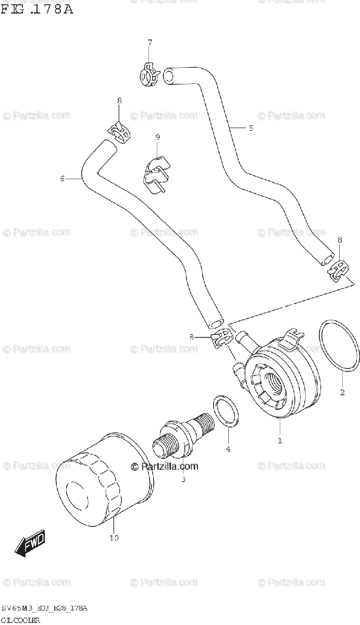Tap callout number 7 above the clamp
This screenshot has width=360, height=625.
pos(149,42)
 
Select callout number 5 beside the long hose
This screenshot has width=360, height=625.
pos(251,128)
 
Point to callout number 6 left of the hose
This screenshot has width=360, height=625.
pos(62,179)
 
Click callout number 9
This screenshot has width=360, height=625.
pos(157,137)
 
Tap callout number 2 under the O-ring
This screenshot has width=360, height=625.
pos(342,392)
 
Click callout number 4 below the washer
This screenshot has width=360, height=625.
pos(228,448)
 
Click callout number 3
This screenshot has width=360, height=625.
pos(183,479)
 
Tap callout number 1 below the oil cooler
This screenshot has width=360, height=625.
pos(280,441)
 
